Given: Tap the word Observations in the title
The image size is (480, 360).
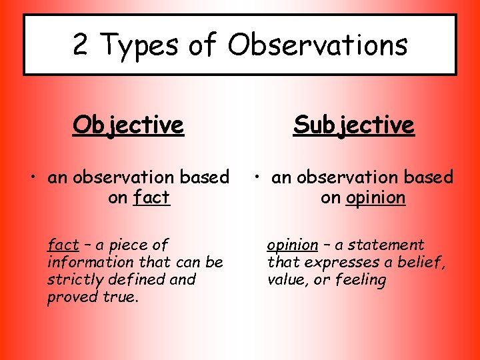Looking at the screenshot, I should [317, 45].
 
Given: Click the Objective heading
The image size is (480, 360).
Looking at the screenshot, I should [128, 125].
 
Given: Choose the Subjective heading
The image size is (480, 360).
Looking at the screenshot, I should [353, 125].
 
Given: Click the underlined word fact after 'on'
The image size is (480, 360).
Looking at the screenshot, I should [151, 197].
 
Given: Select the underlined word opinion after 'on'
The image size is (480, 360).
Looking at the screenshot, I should [375, 198].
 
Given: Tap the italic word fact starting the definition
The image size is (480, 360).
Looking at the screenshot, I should [63, 245].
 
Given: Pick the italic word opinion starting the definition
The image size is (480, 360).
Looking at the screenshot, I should [292, 245].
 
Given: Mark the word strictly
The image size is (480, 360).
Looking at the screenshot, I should [71, 279].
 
